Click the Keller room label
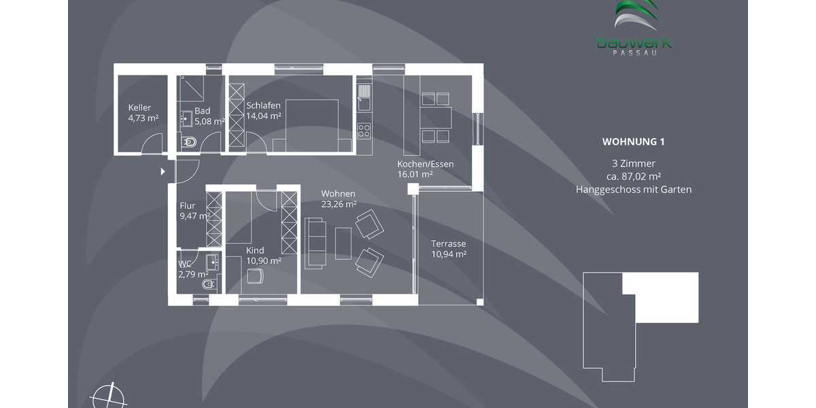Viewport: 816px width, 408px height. click(x=139, y=107)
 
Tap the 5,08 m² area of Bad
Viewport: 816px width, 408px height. click(x=209, y=122)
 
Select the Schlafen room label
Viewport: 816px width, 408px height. click(x=264, y=105)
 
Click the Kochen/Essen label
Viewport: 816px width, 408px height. click(x=425, y=164)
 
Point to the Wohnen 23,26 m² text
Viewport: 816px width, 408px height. click(x=339, y=199)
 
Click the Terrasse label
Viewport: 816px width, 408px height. click(x=448, y=243)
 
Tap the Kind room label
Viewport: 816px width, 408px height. click(x=255, y=250)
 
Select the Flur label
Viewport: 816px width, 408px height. click(x=188, y=206)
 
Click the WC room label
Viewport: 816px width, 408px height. click(x=184, y=264)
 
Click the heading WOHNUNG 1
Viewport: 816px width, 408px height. click(x=633, y=142)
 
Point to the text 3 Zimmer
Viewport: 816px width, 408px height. click(x=633, y=163)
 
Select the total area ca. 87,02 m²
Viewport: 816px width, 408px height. click(x=633, y=176)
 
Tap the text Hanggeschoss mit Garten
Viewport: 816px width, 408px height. click(x=633, y=190)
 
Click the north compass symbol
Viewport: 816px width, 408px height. click(x=108, y=395)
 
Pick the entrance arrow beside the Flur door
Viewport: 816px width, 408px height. click(x=163, y=171)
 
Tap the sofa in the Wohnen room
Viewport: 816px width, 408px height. click(x=316, y=243)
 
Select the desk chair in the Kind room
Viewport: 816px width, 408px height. click(x=254, y=276)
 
